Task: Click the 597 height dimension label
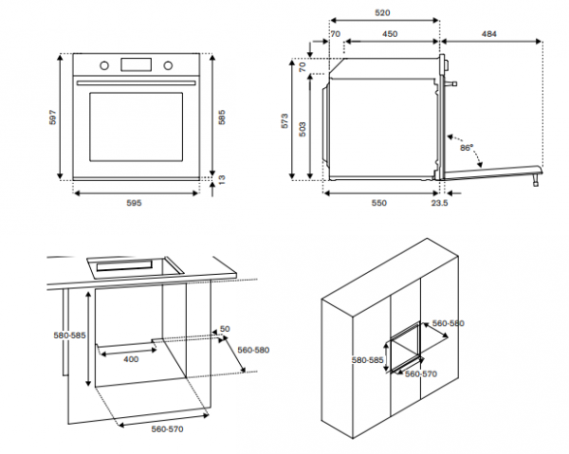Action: coord(54,118)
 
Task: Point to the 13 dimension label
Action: coord(222,179)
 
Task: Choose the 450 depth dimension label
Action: coord(389,33)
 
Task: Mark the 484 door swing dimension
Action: coord(487,33)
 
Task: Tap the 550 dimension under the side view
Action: coord(378,203)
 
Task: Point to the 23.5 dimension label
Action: coord(439,203)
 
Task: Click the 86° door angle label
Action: coord(466,149)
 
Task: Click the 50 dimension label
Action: coord(225,329)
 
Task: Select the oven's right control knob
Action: coord(168,65)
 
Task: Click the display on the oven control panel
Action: coord(136,64)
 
